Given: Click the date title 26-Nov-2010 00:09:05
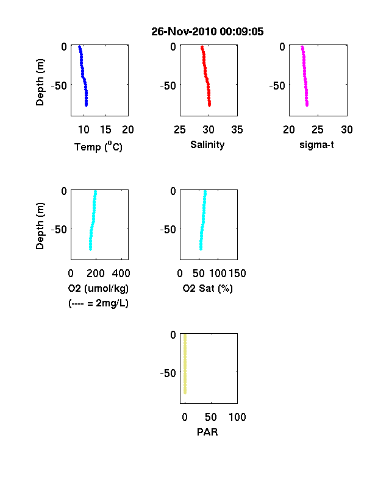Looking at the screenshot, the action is pyautogui.click(x=207, y=32).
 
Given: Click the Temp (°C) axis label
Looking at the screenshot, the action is pyautogui.click(x=98, y=147).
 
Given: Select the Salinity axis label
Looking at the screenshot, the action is pyautogui.click(x=207, y=144).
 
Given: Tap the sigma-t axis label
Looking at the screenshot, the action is pyautogui.click(x=316, y=144).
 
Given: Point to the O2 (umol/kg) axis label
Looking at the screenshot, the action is pyautogui.click(x=98, y=288).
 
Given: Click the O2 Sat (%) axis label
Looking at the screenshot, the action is pyautogui.click(x=208, y=288).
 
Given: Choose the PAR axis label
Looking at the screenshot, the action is pyautogui.click(x=207, y=432).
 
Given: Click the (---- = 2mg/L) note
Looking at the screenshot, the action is pyautogui.click(x=98, y=303).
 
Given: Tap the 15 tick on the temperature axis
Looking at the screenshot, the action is pyautogui.click(x=105, y=130).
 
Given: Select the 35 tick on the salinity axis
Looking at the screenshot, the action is pyautogui.click(x=237, y=130).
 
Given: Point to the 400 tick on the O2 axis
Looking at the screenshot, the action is pyautogui.click(x=121, y=274).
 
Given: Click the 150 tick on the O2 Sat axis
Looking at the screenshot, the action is pyautogui.click(x=237, y=274).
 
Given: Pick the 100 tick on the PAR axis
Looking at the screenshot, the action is pyautogui.click(x=237, y=417).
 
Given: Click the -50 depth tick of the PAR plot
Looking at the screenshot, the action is pyautogui.click(x=168, y=373).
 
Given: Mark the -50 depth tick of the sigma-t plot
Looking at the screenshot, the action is pyautogui.click(x=277, y=86).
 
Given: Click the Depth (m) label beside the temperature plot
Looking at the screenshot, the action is pyautogui.click(x=40, y=82).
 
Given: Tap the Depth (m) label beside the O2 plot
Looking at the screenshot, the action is pyautogui.click(x=40, y=226).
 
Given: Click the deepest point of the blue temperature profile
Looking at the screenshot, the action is pyautogui.click(x=87, y=105).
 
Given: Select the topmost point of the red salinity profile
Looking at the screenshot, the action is pyautogui.click(x=202, y=47).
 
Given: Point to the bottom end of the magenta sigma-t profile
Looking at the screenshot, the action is pyautogui.click(x=307, y=105).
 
